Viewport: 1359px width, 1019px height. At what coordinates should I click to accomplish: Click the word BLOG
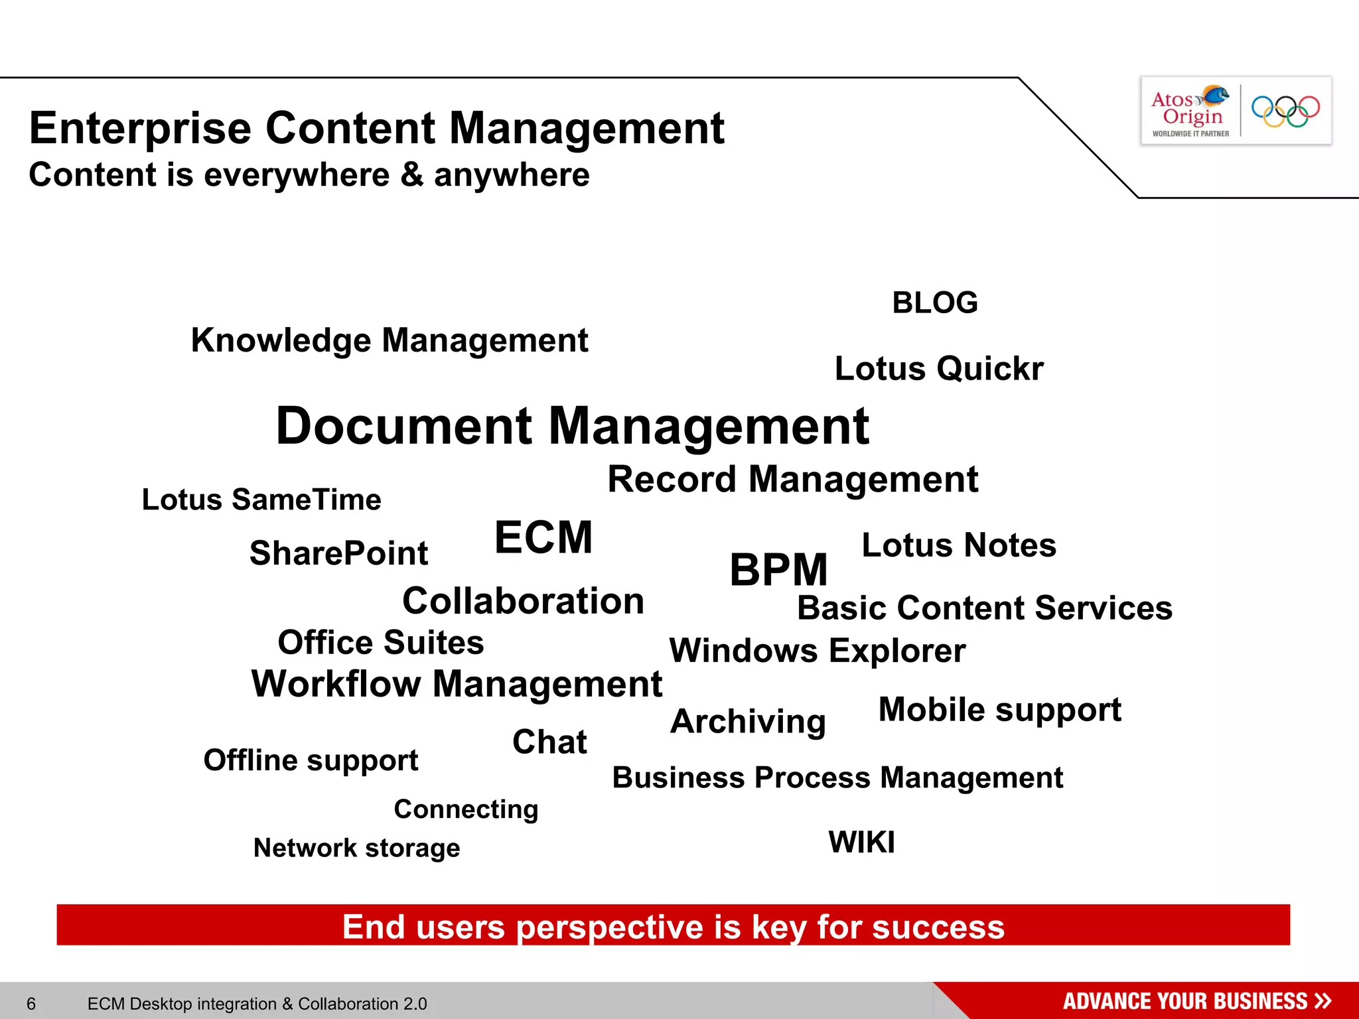click(934, 303)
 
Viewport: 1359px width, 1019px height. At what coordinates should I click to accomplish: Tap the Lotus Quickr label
click(938, 369)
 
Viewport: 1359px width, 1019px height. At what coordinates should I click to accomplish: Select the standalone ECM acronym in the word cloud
click(543, 537)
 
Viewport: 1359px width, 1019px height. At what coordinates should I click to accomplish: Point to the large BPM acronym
click(778, 570)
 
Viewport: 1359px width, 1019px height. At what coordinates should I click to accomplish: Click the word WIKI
click(861, 843)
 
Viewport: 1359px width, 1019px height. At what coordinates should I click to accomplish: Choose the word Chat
click(549, 742)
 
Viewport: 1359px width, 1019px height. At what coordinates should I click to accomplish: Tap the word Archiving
click(748, 721)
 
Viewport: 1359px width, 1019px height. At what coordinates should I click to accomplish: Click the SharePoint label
click(338, 553)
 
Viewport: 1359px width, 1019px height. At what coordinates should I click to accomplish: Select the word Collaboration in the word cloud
click(523, 601)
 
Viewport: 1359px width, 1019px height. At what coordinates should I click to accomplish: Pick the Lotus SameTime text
click(261, 500)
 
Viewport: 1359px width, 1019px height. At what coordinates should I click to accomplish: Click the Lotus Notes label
click(958, 545)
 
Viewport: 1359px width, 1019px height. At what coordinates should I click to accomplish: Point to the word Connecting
click(466, 809)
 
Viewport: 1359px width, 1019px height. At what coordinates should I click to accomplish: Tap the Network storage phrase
click(356, 848)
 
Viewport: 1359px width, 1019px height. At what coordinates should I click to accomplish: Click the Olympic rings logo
click(1285, 111)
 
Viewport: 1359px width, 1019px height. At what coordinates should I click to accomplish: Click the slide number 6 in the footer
click(31, 1004)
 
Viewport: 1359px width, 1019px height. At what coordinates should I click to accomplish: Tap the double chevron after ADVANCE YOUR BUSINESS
click(1323, 1000)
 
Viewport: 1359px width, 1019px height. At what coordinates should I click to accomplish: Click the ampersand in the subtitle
click(411, 175)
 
